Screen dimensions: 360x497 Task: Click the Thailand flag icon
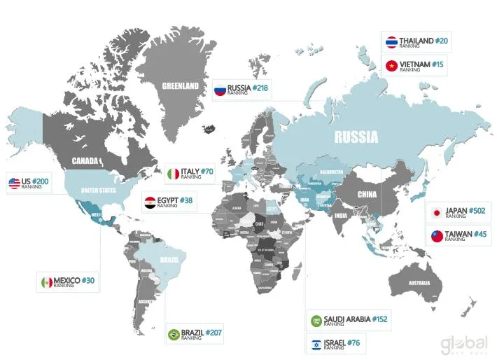pos(392,42)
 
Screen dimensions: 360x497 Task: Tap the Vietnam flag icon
pos(392,67)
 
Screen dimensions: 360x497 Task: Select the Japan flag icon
pos(436,213)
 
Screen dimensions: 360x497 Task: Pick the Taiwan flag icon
pos(437,236)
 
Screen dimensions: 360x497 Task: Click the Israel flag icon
pos(316,344)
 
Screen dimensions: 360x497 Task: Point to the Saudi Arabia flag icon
pos(316,321)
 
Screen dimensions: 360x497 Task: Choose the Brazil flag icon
pos(172,334)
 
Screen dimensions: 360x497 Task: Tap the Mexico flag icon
pos(46,282)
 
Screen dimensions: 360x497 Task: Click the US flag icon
pos(14,184)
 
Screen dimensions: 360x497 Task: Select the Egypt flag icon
pos(150,203)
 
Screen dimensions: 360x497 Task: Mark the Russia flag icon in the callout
pos(219,89)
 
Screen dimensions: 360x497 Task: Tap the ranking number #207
pos(213,332)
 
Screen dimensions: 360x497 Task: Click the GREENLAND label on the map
pos(181,87)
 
